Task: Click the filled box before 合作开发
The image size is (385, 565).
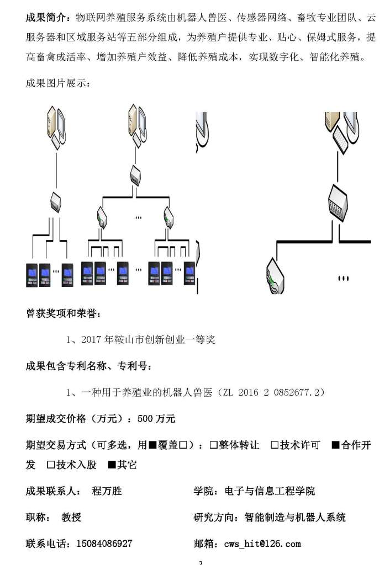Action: [335, 445]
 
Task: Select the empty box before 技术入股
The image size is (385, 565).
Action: [51, 465]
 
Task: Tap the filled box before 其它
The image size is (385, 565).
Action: [112, 465]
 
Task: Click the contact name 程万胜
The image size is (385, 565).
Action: [107, 491]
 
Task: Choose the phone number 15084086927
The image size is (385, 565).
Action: [101, 544]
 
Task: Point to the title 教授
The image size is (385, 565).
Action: [71, 518]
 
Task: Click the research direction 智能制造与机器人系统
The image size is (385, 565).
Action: [294, 518]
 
